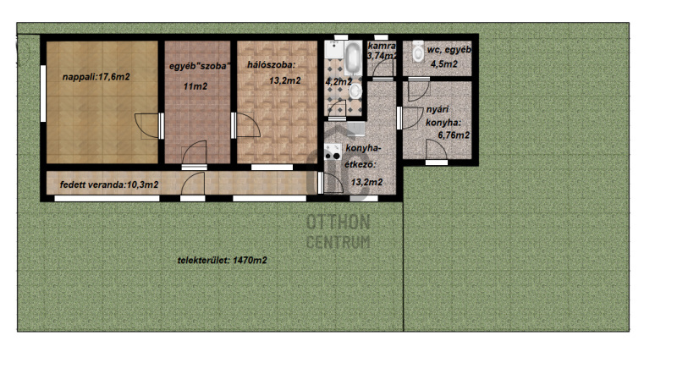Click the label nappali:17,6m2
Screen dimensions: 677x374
[x=96, y=77]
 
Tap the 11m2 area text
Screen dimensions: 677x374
[x=195, y=86]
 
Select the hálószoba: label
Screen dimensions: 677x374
[x=271, y=65]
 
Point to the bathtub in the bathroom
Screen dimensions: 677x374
[x=353, y=58]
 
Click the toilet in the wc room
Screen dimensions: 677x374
[x=418, y=51]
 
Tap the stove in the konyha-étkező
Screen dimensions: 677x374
[x=333, y=152]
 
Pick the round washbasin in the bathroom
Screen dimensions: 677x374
[x=355, y=91]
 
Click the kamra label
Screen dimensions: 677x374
[x=382, y=46]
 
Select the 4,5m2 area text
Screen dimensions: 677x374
[x=443, y=64]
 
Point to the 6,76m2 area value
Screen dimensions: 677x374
[x=454, y=135]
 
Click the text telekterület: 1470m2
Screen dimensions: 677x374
[x=222, y=261]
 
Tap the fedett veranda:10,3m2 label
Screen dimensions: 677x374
[x=109, y=184]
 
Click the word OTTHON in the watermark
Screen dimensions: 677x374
[x=338, y=223]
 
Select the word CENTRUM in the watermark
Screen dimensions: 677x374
[x=338, y=242]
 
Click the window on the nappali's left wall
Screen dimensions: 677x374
[x=43, y=93]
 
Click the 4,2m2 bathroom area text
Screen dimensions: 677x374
[x=338, y=81]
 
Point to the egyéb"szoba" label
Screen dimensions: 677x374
[x=200, y=67]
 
